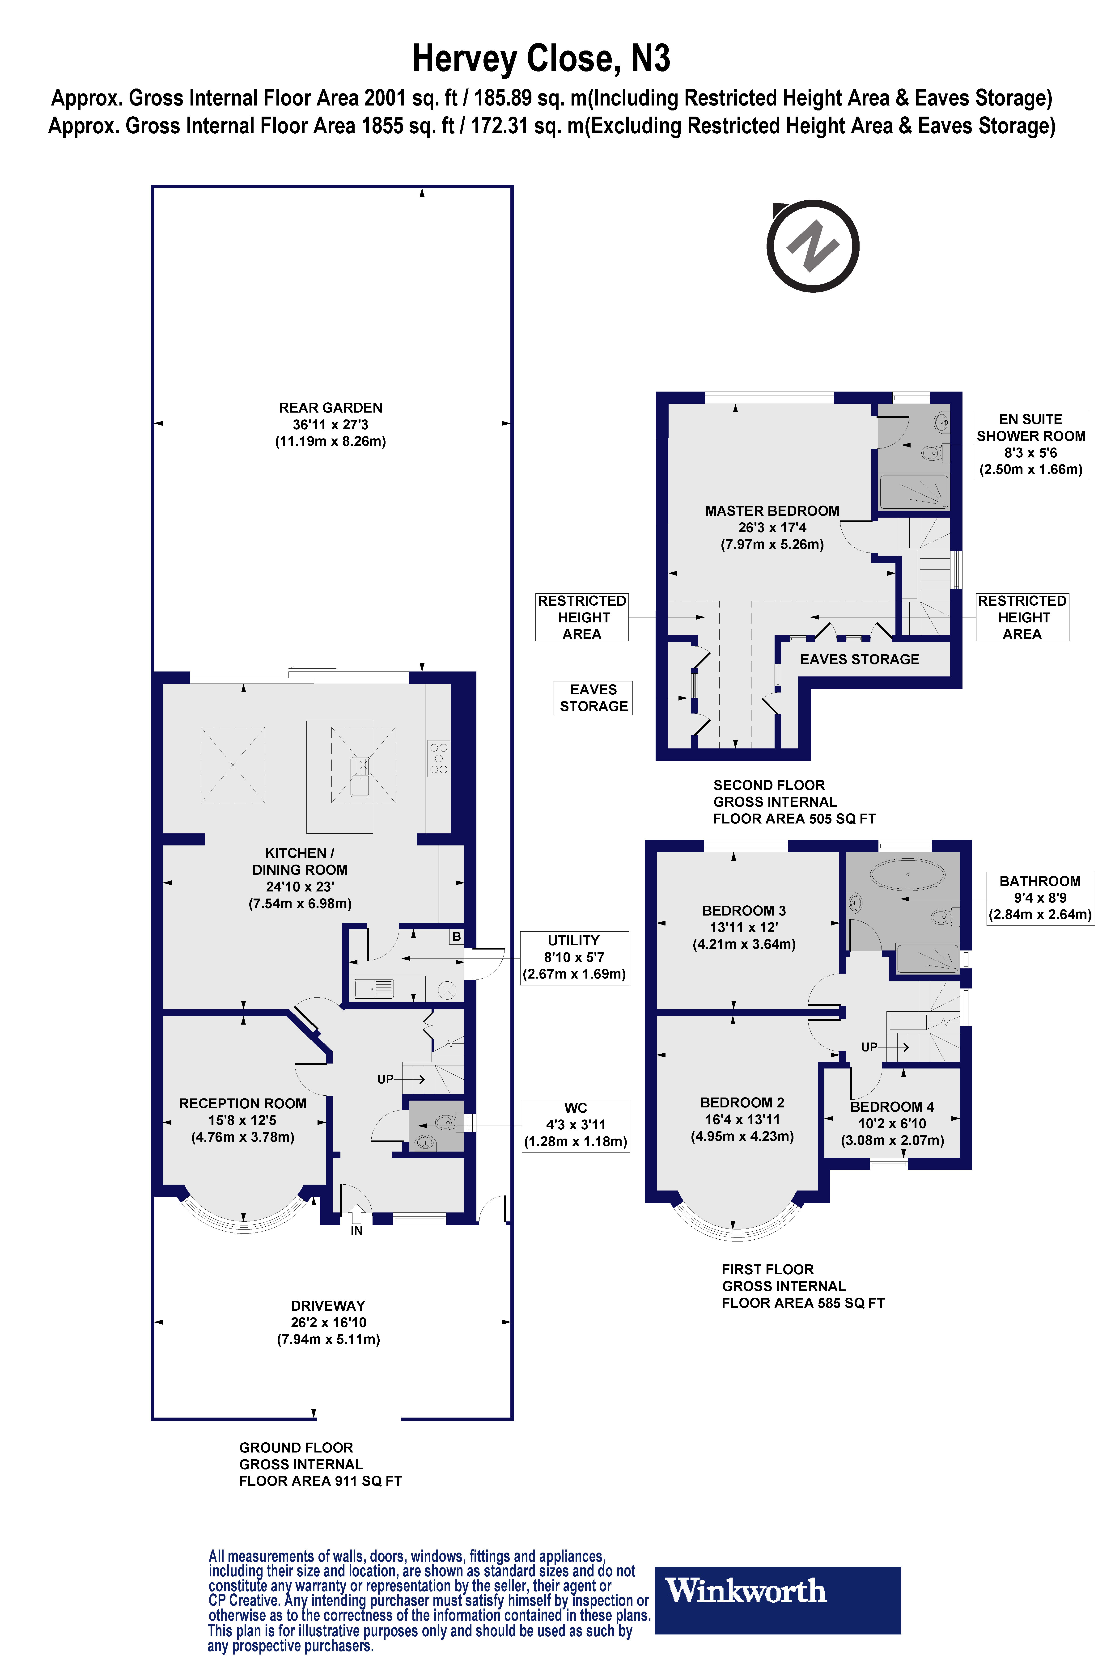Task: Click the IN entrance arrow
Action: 356,1214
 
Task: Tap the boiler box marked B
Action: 457,937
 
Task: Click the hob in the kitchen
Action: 439,758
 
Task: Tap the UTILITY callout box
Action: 575,957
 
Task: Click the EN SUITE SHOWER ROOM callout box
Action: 1030,444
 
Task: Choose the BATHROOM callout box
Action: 1040,898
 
